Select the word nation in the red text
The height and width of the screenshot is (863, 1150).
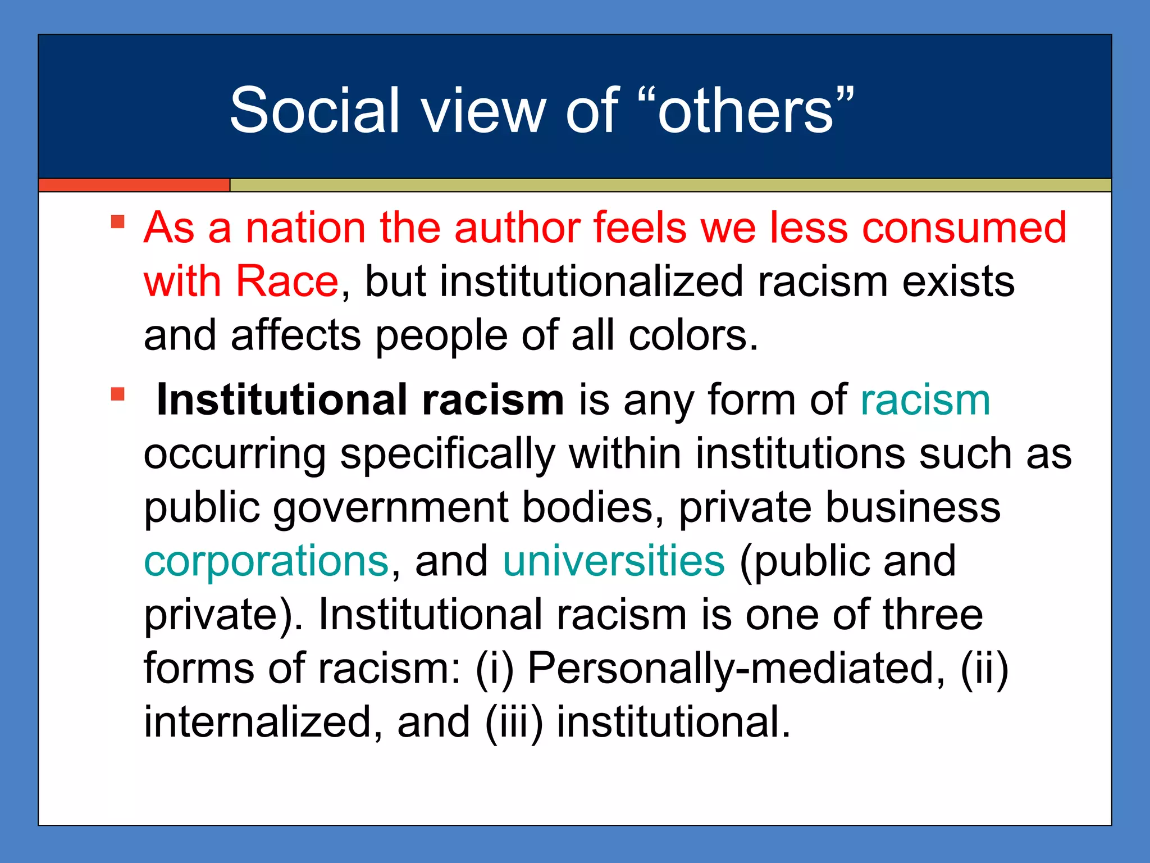coord(306,228)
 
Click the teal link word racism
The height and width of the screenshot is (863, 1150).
coord(925,399)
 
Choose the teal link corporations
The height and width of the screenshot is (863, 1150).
coord(266,561)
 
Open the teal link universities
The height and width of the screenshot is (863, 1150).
coord(614,561)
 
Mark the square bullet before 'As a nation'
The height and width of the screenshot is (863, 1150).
coord(117,221)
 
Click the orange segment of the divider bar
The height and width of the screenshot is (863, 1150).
coord(134,185)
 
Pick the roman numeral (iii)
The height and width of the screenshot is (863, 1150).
coord(514,722)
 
